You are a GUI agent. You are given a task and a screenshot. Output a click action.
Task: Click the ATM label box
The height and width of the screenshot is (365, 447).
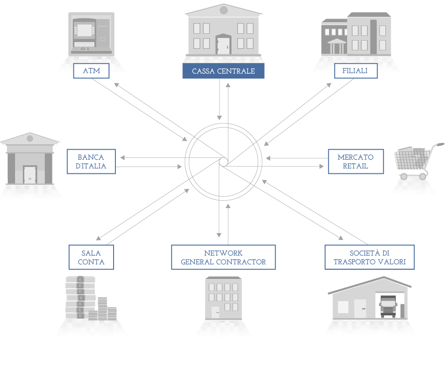tap(91, 71)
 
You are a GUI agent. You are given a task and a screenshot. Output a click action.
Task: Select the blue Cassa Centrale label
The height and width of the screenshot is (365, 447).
tap(223, 71)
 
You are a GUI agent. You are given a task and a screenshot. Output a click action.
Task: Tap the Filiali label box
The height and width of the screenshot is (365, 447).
tap(356, 71)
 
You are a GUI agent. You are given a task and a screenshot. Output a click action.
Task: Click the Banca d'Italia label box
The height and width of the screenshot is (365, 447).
tap(91, 162)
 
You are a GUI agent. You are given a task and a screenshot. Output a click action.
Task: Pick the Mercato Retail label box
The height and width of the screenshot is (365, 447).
tap(356, 162)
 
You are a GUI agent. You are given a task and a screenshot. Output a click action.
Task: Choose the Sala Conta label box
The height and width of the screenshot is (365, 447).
tap(91, 257)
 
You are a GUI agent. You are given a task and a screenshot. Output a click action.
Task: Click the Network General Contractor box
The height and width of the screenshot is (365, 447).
tap(223, 257)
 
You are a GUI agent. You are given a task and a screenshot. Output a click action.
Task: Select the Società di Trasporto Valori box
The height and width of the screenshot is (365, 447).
tap(369, 257)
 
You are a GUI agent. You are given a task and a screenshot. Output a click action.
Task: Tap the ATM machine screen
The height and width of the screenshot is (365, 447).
tap(85, 30)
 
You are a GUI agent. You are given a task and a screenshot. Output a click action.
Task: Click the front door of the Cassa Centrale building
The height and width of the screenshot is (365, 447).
tap(223, 45)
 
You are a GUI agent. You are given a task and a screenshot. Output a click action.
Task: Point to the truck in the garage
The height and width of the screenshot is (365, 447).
tap(388, 307)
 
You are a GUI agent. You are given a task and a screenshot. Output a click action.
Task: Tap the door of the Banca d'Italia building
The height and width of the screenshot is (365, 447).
tap(30, 175)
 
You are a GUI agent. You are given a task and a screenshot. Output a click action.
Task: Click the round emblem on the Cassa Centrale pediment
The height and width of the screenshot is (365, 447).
tap(224, 10)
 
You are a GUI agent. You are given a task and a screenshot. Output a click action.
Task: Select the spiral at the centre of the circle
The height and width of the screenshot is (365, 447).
tap(223, 162)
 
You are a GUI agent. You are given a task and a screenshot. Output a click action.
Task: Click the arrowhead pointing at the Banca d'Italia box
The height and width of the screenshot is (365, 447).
tap(122, 158)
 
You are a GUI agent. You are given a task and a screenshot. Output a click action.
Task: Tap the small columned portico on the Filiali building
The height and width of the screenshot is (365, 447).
tap(337, 46)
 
